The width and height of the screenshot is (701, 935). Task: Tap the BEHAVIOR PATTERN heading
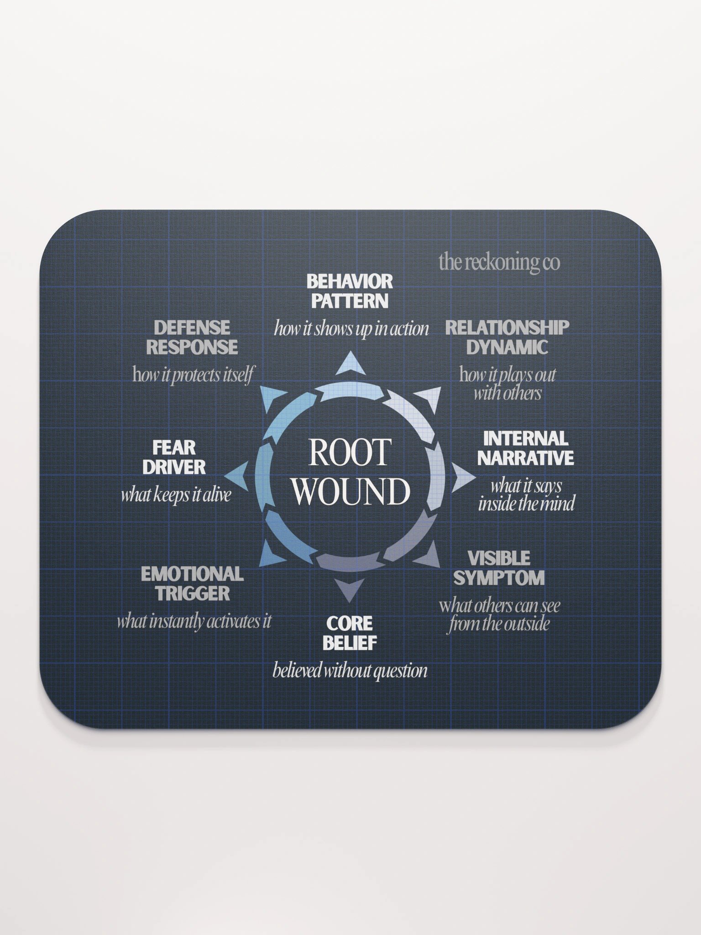point(350,291)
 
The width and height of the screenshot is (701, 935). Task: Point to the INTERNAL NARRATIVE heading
point(526,448)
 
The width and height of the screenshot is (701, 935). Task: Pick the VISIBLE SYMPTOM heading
point(499,568)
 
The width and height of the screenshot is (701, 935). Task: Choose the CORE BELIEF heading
point(350,633)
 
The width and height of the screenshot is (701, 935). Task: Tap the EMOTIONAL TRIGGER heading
point(192,583)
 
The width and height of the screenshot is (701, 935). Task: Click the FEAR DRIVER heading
point(174,457)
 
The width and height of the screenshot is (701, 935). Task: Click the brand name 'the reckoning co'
point(499,263)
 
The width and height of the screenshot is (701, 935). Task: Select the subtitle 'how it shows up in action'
point(351,329)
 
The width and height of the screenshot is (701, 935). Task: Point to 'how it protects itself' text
point(193,375)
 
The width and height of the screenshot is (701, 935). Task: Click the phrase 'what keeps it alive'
point(176,495)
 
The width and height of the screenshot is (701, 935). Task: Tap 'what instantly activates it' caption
point(194,621)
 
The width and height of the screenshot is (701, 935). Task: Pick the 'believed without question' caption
point(350,671)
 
